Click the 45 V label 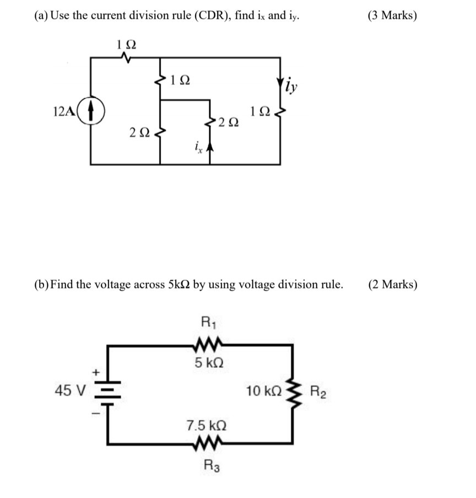tap(71, 392)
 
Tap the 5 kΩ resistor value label tap(209, 363)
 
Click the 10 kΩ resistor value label tap(264, 392)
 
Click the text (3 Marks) tap(392, 15)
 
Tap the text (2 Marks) tap(392, 285)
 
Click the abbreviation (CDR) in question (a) tap(209, 15)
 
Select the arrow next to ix tap(209, 147)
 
